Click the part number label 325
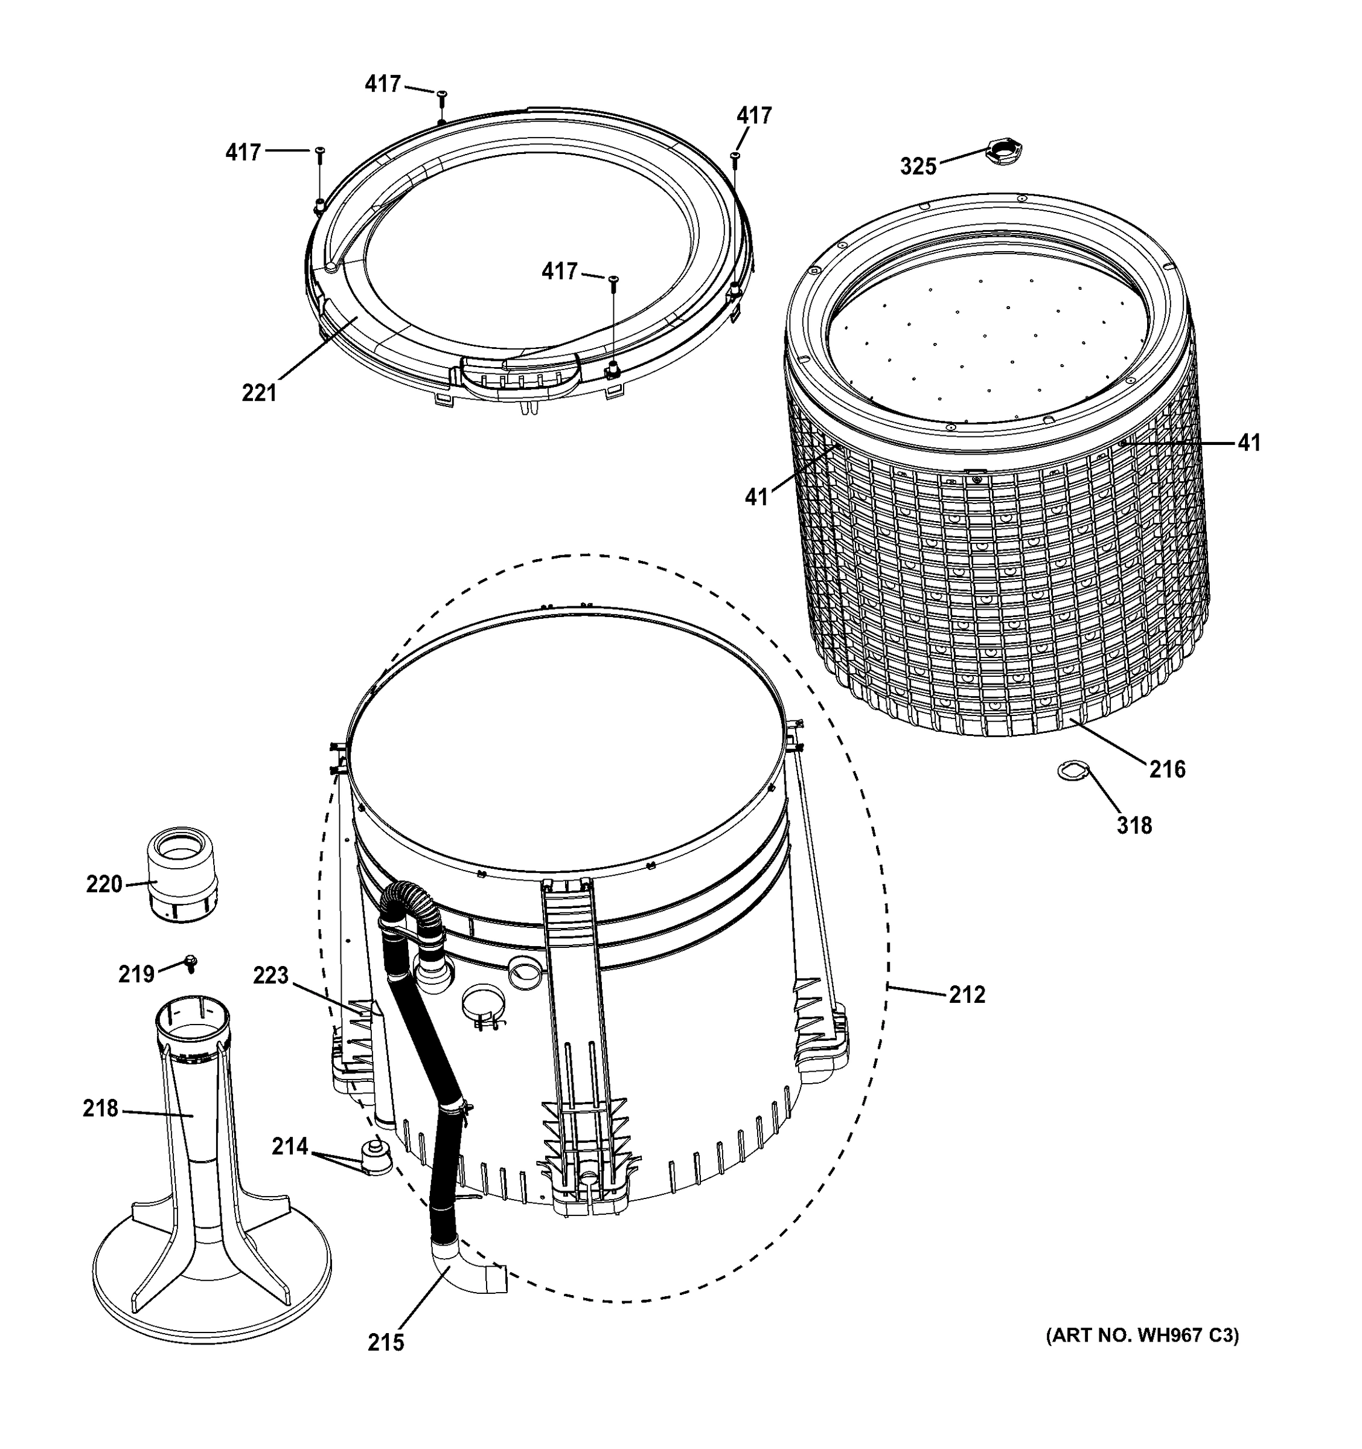click(918, 167)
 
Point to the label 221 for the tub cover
click(260, 393)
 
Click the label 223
click(271, 975)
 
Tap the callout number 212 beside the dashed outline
click(967, 994)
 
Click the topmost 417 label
click(383, 85)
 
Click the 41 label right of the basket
click(1249, 443)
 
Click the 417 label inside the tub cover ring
click(560, 271)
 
